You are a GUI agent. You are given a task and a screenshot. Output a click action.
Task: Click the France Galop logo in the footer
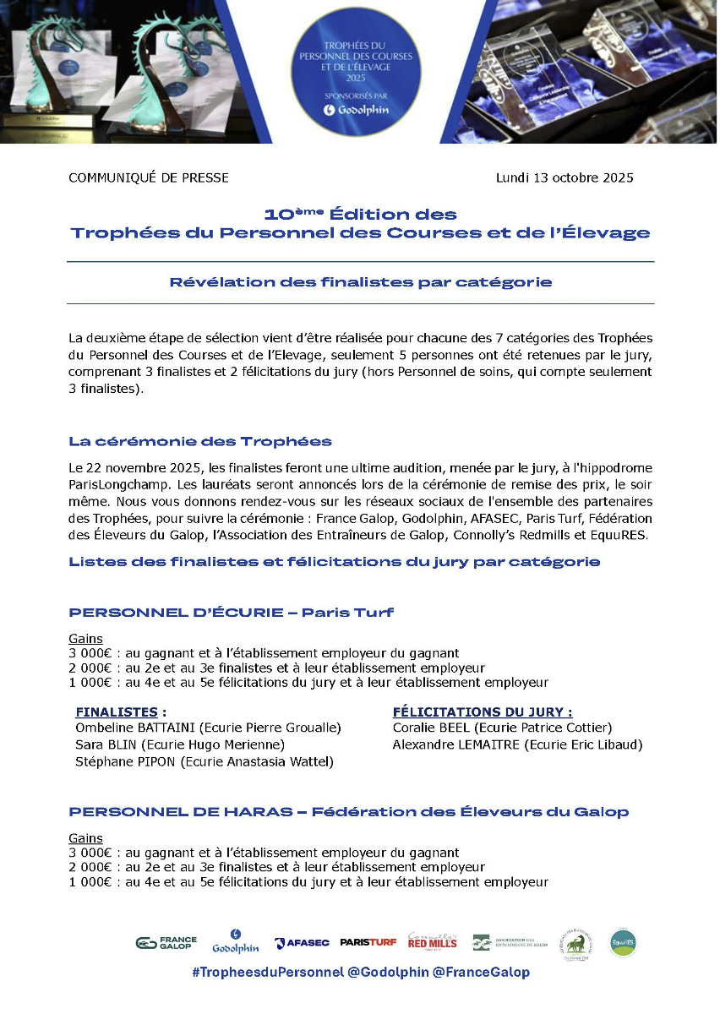(166, 943)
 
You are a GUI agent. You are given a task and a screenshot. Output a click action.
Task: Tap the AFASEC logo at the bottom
(302, 943)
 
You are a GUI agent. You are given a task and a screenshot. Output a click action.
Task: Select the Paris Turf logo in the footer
(368, 943)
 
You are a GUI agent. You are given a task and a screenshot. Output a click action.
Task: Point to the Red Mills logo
(433, 941)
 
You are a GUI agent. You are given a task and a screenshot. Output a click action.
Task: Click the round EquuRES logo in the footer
(623, 942)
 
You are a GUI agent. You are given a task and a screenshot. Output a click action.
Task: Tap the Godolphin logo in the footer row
(236, 941)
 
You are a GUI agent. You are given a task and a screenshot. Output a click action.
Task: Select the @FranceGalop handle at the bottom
(481, 973)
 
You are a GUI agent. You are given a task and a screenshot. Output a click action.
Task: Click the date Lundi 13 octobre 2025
(565, 177)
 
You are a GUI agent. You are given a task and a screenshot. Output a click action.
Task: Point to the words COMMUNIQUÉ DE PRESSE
(149, 177)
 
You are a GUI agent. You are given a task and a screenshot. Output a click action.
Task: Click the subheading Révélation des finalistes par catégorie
(361, 282)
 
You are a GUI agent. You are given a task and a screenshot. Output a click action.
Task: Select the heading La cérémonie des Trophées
(200, 441)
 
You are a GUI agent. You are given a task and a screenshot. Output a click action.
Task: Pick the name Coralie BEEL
(431, 728)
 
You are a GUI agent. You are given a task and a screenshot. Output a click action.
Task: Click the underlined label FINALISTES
(117, 711)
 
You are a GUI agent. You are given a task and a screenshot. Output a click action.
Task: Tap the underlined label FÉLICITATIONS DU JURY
(482, 711)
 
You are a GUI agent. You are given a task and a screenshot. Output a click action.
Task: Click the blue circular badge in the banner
(355, 70)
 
